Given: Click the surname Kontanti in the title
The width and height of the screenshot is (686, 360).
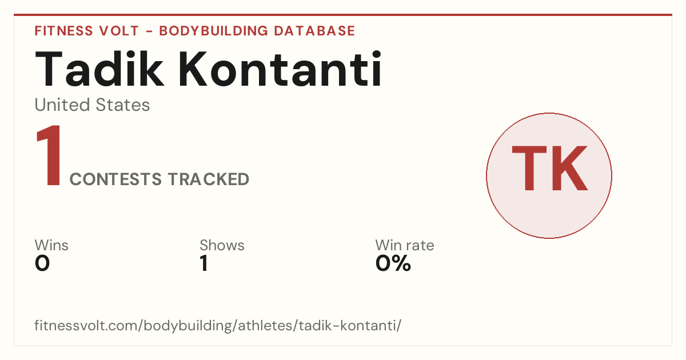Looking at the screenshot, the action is [280, 69].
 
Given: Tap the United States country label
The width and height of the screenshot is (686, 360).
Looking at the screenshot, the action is [92, 105].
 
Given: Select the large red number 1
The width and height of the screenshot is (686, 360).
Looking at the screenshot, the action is [49, 155].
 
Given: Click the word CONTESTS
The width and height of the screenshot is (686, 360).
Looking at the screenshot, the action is [115, 179].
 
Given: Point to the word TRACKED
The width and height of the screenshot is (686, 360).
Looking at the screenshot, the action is [209, 179].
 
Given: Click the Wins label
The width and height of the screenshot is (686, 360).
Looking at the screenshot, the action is [51, 245].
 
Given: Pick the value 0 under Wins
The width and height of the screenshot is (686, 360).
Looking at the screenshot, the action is [42, 263].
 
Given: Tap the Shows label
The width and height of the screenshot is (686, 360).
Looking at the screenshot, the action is [222, 245].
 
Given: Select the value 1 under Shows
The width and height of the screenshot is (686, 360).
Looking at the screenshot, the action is [204, 263].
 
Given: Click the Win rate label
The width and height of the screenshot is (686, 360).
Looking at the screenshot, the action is [405, 245].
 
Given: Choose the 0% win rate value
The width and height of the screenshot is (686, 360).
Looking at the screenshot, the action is [393, 263].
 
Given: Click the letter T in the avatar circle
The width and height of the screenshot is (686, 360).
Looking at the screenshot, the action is [529, 168].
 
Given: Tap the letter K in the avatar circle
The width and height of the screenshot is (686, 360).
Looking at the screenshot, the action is [569, 168].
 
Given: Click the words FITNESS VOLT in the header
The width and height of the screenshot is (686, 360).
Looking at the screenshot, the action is [87, 31].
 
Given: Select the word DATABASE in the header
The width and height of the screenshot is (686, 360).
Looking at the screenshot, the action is [314, 31].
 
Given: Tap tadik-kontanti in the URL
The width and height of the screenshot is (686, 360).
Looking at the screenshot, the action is [348, 325].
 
